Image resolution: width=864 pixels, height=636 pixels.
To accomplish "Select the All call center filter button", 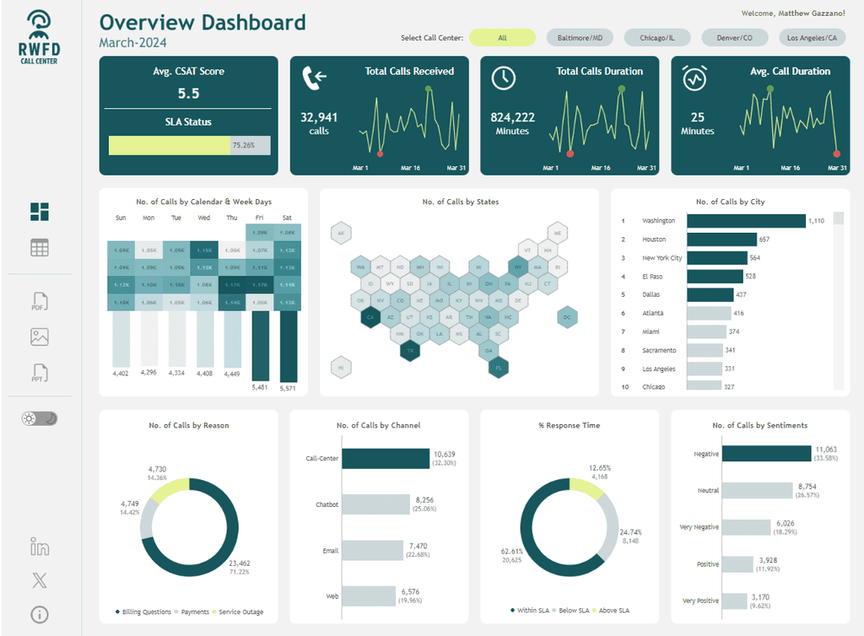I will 502,38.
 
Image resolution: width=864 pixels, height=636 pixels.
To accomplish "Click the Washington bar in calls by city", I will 746,221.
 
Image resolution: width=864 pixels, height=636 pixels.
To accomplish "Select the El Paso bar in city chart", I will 715,277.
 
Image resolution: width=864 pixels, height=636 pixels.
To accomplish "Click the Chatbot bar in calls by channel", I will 376,505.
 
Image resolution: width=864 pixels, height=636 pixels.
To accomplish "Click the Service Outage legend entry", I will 240,612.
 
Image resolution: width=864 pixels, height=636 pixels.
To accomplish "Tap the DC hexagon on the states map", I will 568,318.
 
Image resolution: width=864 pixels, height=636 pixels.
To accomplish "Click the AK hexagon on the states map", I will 341,234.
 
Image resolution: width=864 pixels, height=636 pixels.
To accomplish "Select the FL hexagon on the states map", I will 499,367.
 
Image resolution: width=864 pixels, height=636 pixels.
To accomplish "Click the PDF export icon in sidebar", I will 40,302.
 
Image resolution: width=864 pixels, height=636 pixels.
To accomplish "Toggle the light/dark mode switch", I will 40,418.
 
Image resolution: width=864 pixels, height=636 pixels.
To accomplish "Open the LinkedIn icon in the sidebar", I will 40,547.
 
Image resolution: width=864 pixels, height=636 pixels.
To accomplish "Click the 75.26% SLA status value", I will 243,145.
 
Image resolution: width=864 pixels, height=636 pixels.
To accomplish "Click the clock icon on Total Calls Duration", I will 504,78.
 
